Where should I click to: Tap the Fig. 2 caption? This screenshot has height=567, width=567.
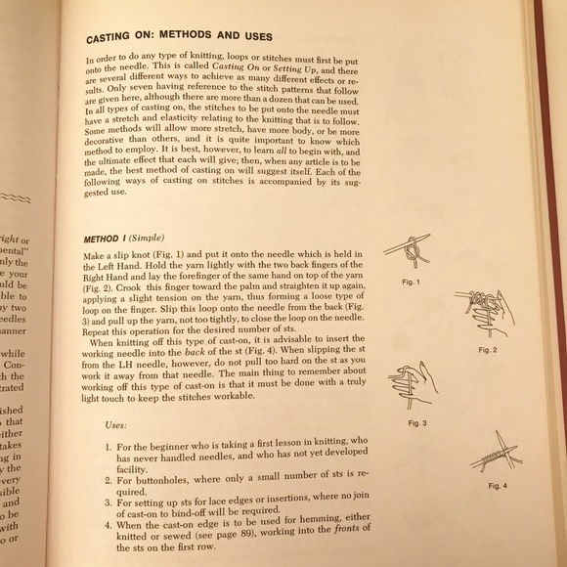[x=487, y=349]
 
